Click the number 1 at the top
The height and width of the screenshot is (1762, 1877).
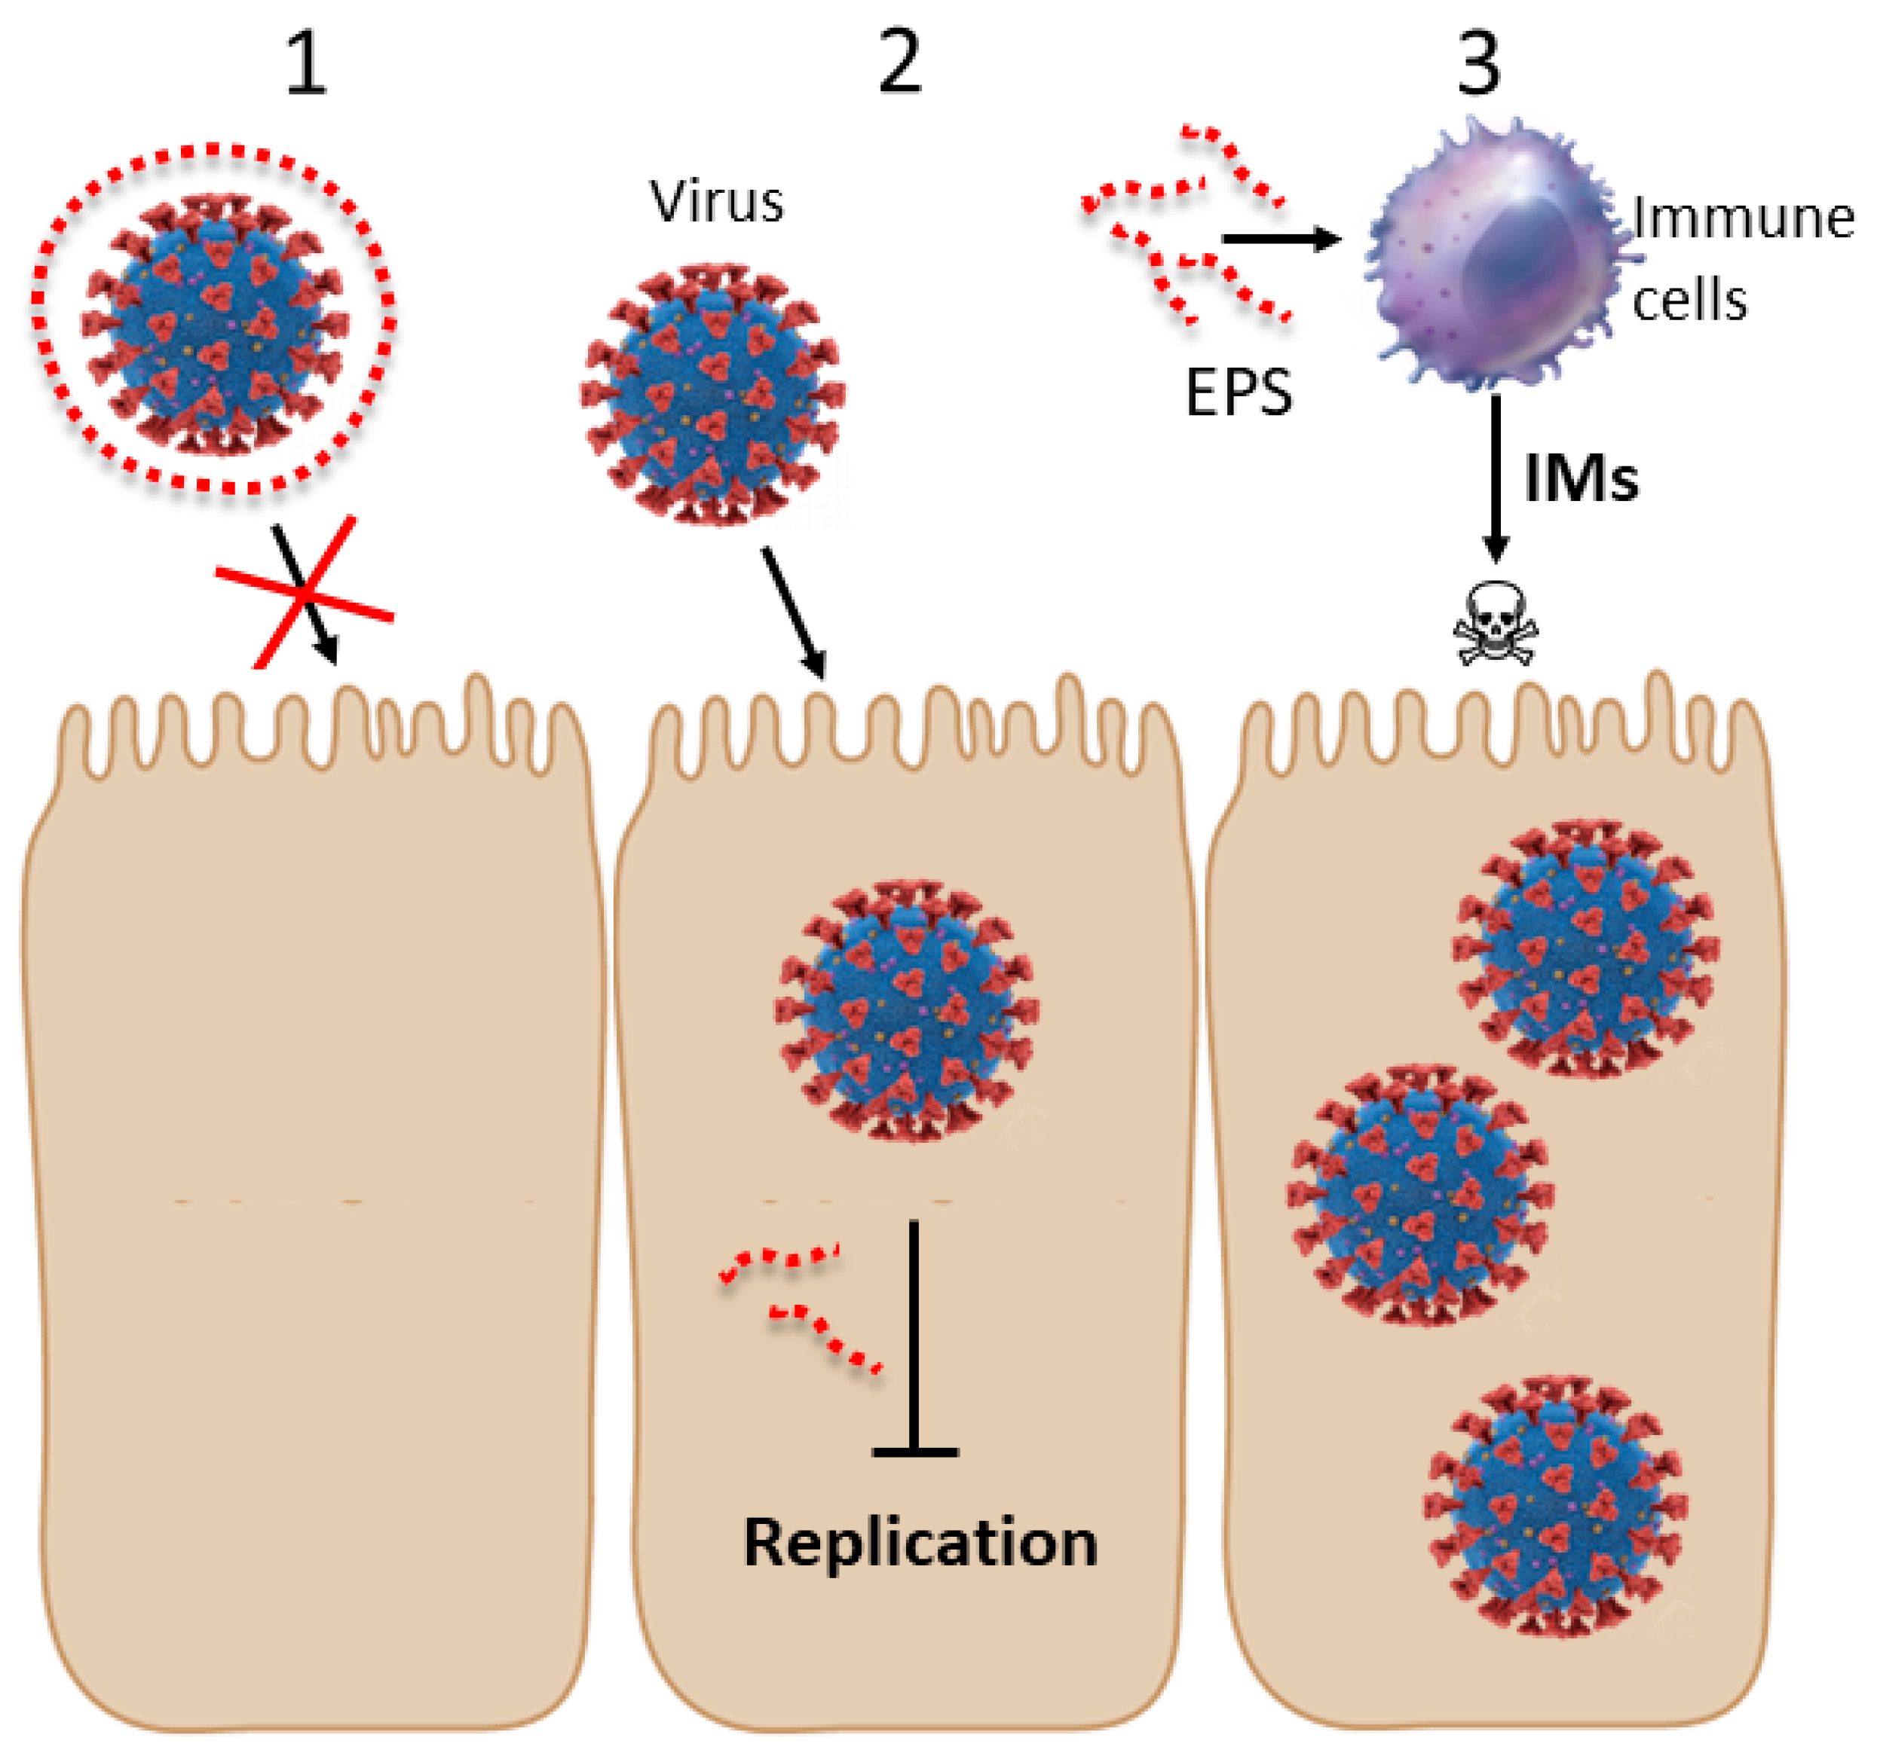(306, 64)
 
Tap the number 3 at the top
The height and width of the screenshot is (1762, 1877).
(1478, 64)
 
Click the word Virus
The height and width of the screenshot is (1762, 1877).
(717, 202)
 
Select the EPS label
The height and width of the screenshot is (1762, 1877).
(1238, 392)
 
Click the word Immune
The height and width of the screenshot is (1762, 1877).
(1743, 219)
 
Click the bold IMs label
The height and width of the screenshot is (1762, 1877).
(1582, 479)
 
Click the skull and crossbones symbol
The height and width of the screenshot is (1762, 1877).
(1496, 624)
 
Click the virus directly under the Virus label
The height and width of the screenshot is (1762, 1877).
(713, 395)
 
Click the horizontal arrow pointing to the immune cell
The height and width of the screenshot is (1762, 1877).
(1281, 239)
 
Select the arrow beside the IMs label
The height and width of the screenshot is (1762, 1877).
(1496, 477)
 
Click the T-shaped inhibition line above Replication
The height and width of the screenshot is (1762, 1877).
(914, 1340)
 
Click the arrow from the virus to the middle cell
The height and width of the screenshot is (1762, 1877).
(794, 612)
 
